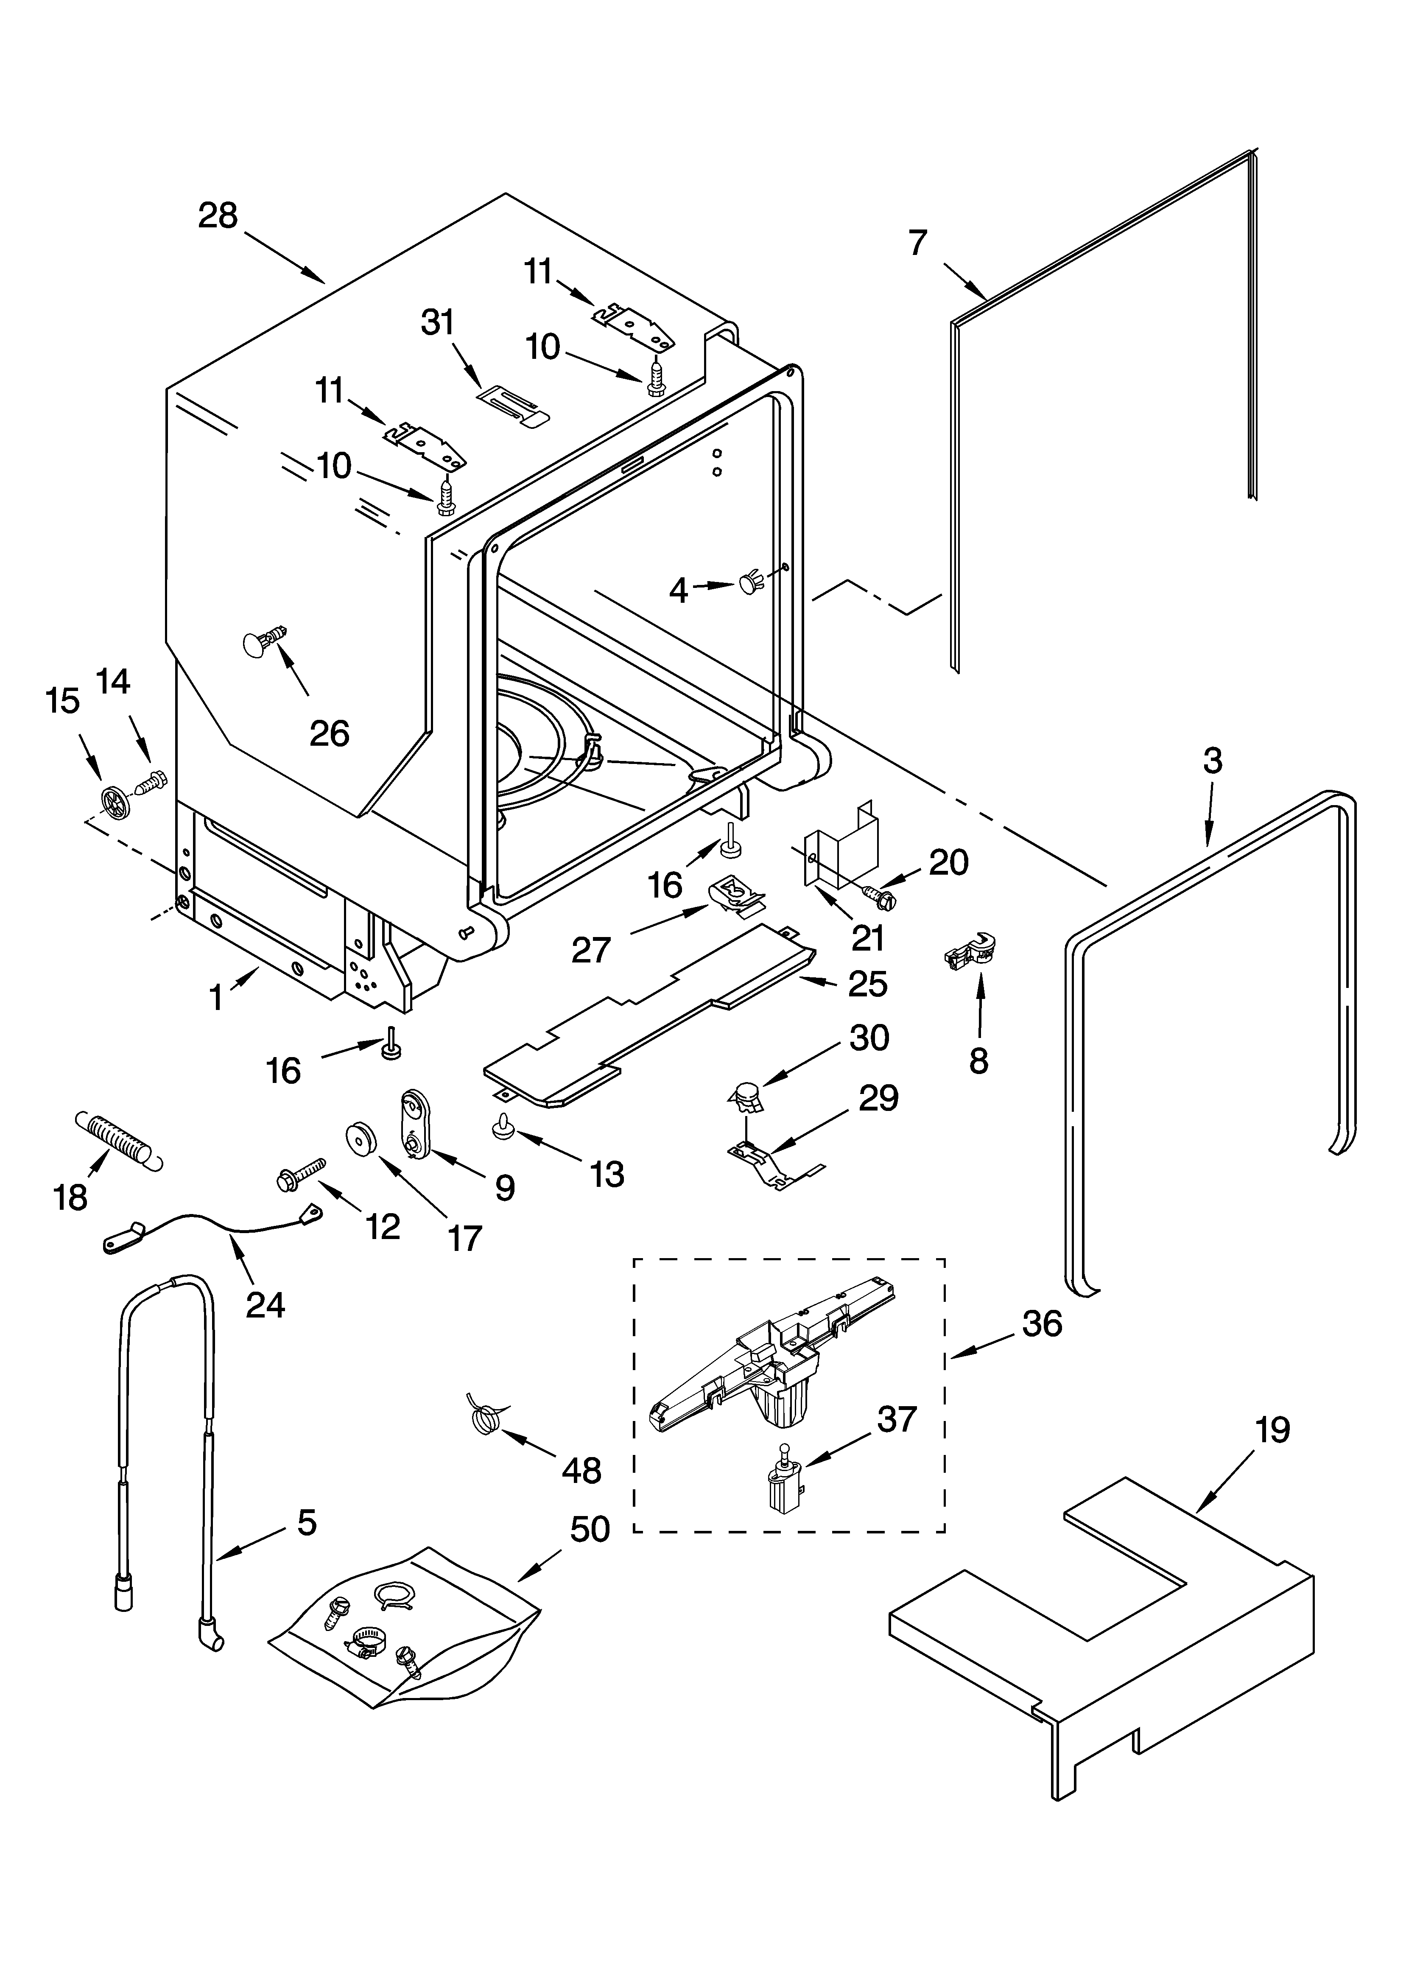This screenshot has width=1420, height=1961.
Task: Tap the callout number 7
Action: pyautogui.click(x=917, y=243)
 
